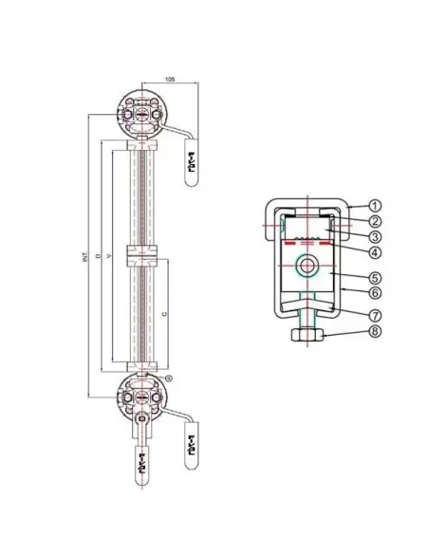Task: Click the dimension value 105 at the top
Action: point(170,79)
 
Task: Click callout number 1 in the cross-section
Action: point(375,204)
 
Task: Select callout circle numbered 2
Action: point(375,220)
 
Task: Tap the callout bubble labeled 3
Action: point(375,235)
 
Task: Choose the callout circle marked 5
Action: point(375,279)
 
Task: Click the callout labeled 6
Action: point(375,294)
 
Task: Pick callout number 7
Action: point(375,314)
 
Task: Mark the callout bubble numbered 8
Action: point(375,332)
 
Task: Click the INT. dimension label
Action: point(84,256)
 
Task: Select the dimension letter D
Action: point(97,256)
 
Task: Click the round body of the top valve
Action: point(141,113)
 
